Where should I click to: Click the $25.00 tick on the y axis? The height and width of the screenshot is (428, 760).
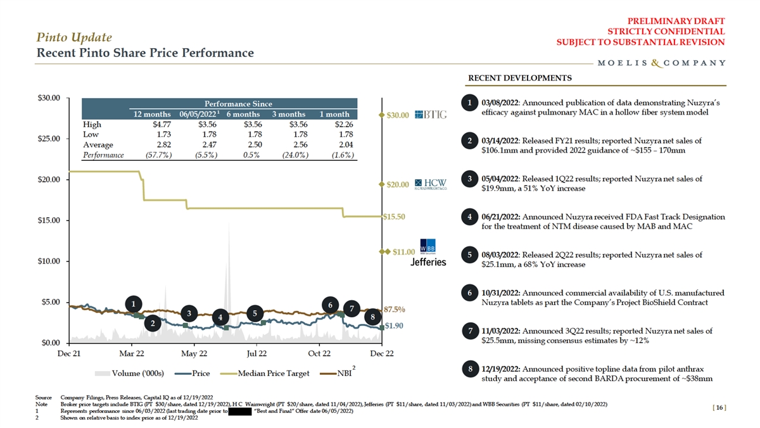(x=48, y=139)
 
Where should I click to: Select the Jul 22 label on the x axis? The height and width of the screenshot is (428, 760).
(x=256, y=353)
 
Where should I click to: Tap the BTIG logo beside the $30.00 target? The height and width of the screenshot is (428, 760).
(x=431, y=115)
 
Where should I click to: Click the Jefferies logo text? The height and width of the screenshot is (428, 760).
(x=429, y=261)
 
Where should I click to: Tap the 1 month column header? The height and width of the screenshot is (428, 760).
(x=334, y=114)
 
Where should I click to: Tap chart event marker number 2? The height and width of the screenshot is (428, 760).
(x=153, y=324)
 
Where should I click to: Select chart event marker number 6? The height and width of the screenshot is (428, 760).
(x=331, y=305)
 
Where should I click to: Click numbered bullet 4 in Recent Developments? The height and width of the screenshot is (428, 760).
(x=469, y=217)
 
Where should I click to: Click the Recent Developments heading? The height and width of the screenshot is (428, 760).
(x=519, y=79)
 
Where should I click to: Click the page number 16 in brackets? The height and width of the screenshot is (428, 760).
(x=718, y=408)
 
